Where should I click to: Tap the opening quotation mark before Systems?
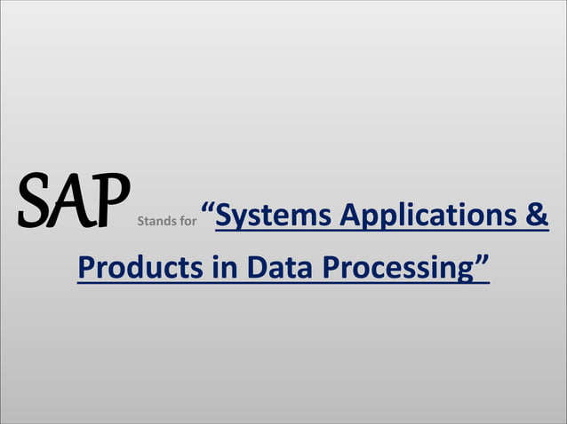pyautogui.click(x=207, y=209)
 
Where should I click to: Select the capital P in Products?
pyautogui.click(x=85, y=267)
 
